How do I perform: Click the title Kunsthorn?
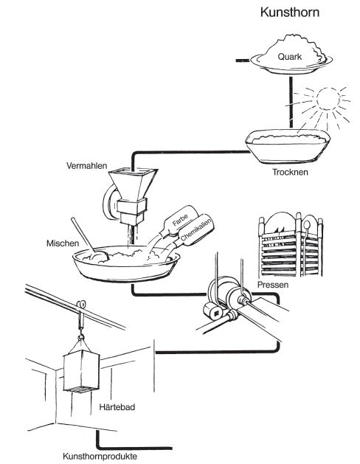(290, 13)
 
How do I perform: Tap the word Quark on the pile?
(289, 57)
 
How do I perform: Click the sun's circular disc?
(328, 99)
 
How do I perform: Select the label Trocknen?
(290, 172)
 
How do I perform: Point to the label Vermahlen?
(86, 165)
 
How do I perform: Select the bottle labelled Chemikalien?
(194, 232)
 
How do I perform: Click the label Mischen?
(63, 243)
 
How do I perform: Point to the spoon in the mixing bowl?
(89, 241)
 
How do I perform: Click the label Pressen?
(273, 285)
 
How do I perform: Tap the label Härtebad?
(117, 407)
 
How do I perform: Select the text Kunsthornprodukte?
(100, 456)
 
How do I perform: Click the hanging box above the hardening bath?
(82, 371)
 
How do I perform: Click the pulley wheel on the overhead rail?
(80, 305)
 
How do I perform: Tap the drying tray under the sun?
(288, 147)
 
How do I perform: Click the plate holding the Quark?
(291, 63)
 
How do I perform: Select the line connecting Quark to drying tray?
(291, 103)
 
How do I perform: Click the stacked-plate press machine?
(290, 244)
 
